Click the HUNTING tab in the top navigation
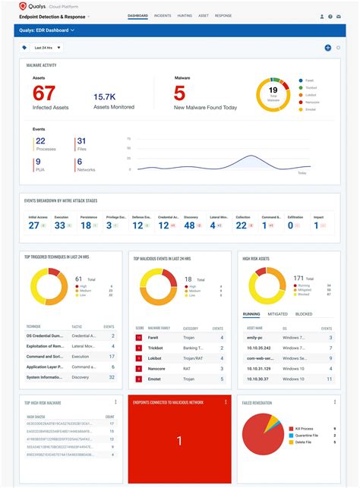tap(185, 15)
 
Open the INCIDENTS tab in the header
tap(163, 15)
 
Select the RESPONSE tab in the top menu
tap(223, 15)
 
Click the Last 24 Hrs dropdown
tap(48, 48)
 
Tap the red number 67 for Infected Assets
tap(45, 93)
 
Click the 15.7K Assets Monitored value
tap(104, 97)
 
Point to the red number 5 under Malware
tap(180, 93)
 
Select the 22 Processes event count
tap(40, 141)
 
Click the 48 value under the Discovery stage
tap(191, 225)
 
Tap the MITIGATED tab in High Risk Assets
tap(278, 313)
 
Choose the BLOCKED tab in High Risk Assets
tap(304, 313)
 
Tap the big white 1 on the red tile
tap(179, 441)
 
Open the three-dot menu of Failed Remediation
tap(333, 401)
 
